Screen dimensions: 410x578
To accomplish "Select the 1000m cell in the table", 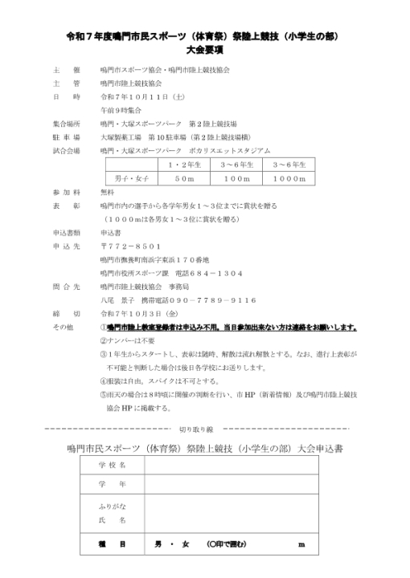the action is (x=288, y=178).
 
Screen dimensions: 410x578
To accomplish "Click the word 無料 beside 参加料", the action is (x=108, y=193).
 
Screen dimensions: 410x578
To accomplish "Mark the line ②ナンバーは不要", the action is (x=128, y=340).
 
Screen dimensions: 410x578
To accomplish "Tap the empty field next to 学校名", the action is (x=241, y=465).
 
